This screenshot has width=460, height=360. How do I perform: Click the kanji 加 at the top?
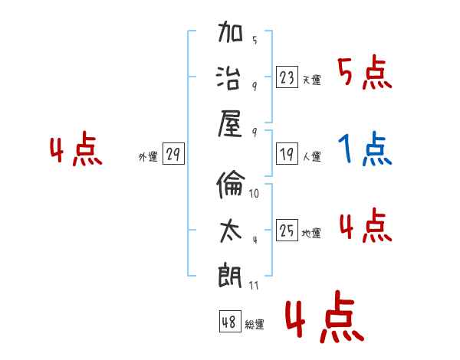(230, 34)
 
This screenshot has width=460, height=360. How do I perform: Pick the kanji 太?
(230, 229)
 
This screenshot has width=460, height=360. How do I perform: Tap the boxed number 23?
(287, 77)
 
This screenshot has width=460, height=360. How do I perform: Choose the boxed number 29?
(172, 155)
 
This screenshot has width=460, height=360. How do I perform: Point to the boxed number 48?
(229, 322)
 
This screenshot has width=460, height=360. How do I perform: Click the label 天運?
(311, 80)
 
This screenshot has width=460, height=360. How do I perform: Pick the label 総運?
(255, 324)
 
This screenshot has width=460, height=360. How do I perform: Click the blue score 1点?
(365, 149)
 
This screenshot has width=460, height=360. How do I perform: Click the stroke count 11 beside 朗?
(255, 286)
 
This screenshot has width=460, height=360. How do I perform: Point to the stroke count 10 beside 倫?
(255, 193)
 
